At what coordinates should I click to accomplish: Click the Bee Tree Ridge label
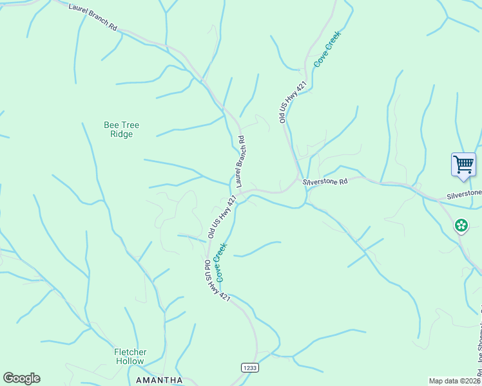tap(121, 129)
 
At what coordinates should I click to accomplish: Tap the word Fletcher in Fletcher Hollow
tap(130, 352)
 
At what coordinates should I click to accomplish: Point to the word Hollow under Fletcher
tap(130, 361)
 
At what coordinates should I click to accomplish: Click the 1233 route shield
tap(250, 367)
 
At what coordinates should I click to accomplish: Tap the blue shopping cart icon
tap(463, 164)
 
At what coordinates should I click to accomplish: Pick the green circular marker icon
tap(461, 225)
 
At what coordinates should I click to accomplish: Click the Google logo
tap(21, 378)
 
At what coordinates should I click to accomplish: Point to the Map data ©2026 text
tap(454, 381)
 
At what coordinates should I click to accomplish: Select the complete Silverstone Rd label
tap(325, 182)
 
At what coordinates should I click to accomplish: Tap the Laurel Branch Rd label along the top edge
tap(94, 17)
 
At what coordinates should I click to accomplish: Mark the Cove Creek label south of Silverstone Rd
tap(221, 262)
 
